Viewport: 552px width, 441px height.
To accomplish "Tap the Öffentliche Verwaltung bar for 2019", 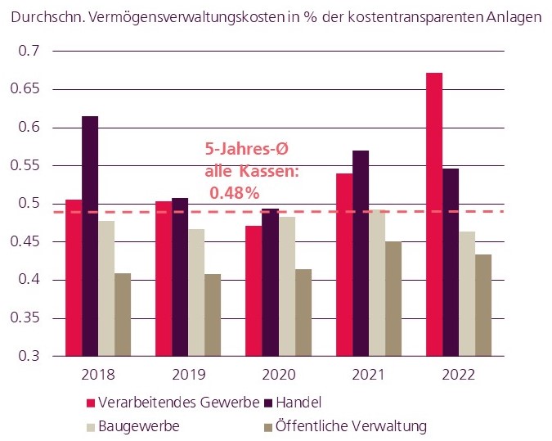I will click(212, 315).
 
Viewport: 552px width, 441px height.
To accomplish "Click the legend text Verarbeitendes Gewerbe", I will click(179, 403).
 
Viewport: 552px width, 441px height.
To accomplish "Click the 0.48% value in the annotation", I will click(234, 193).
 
